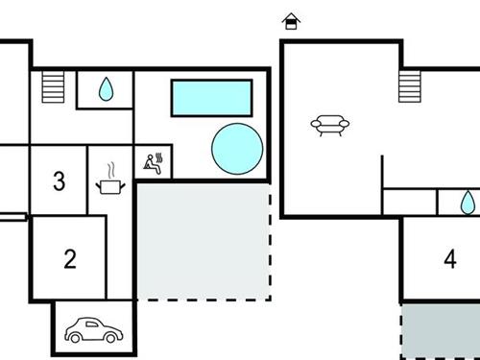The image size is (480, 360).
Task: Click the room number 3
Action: point(60,180)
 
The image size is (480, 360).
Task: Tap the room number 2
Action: point(69,258)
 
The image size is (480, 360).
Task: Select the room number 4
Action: point(450,258)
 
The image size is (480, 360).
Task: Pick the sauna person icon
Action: point(153,162)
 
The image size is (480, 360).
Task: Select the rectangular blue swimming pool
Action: point(211,97)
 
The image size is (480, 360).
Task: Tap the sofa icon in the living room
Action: point(329,124)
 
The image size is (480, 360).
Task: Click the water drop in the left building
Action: point(106,89)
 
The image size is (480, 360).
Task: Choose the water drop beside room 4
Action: point(467,202)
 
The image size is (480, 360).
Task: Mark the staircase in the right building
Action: point(411,85)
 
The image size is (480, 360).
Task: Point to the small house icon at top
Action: point(290,20)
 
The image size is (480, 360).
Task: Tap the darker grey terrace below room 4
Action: point(440,332)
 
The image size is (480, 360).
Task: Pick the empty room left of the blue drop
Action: point(410,202)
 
